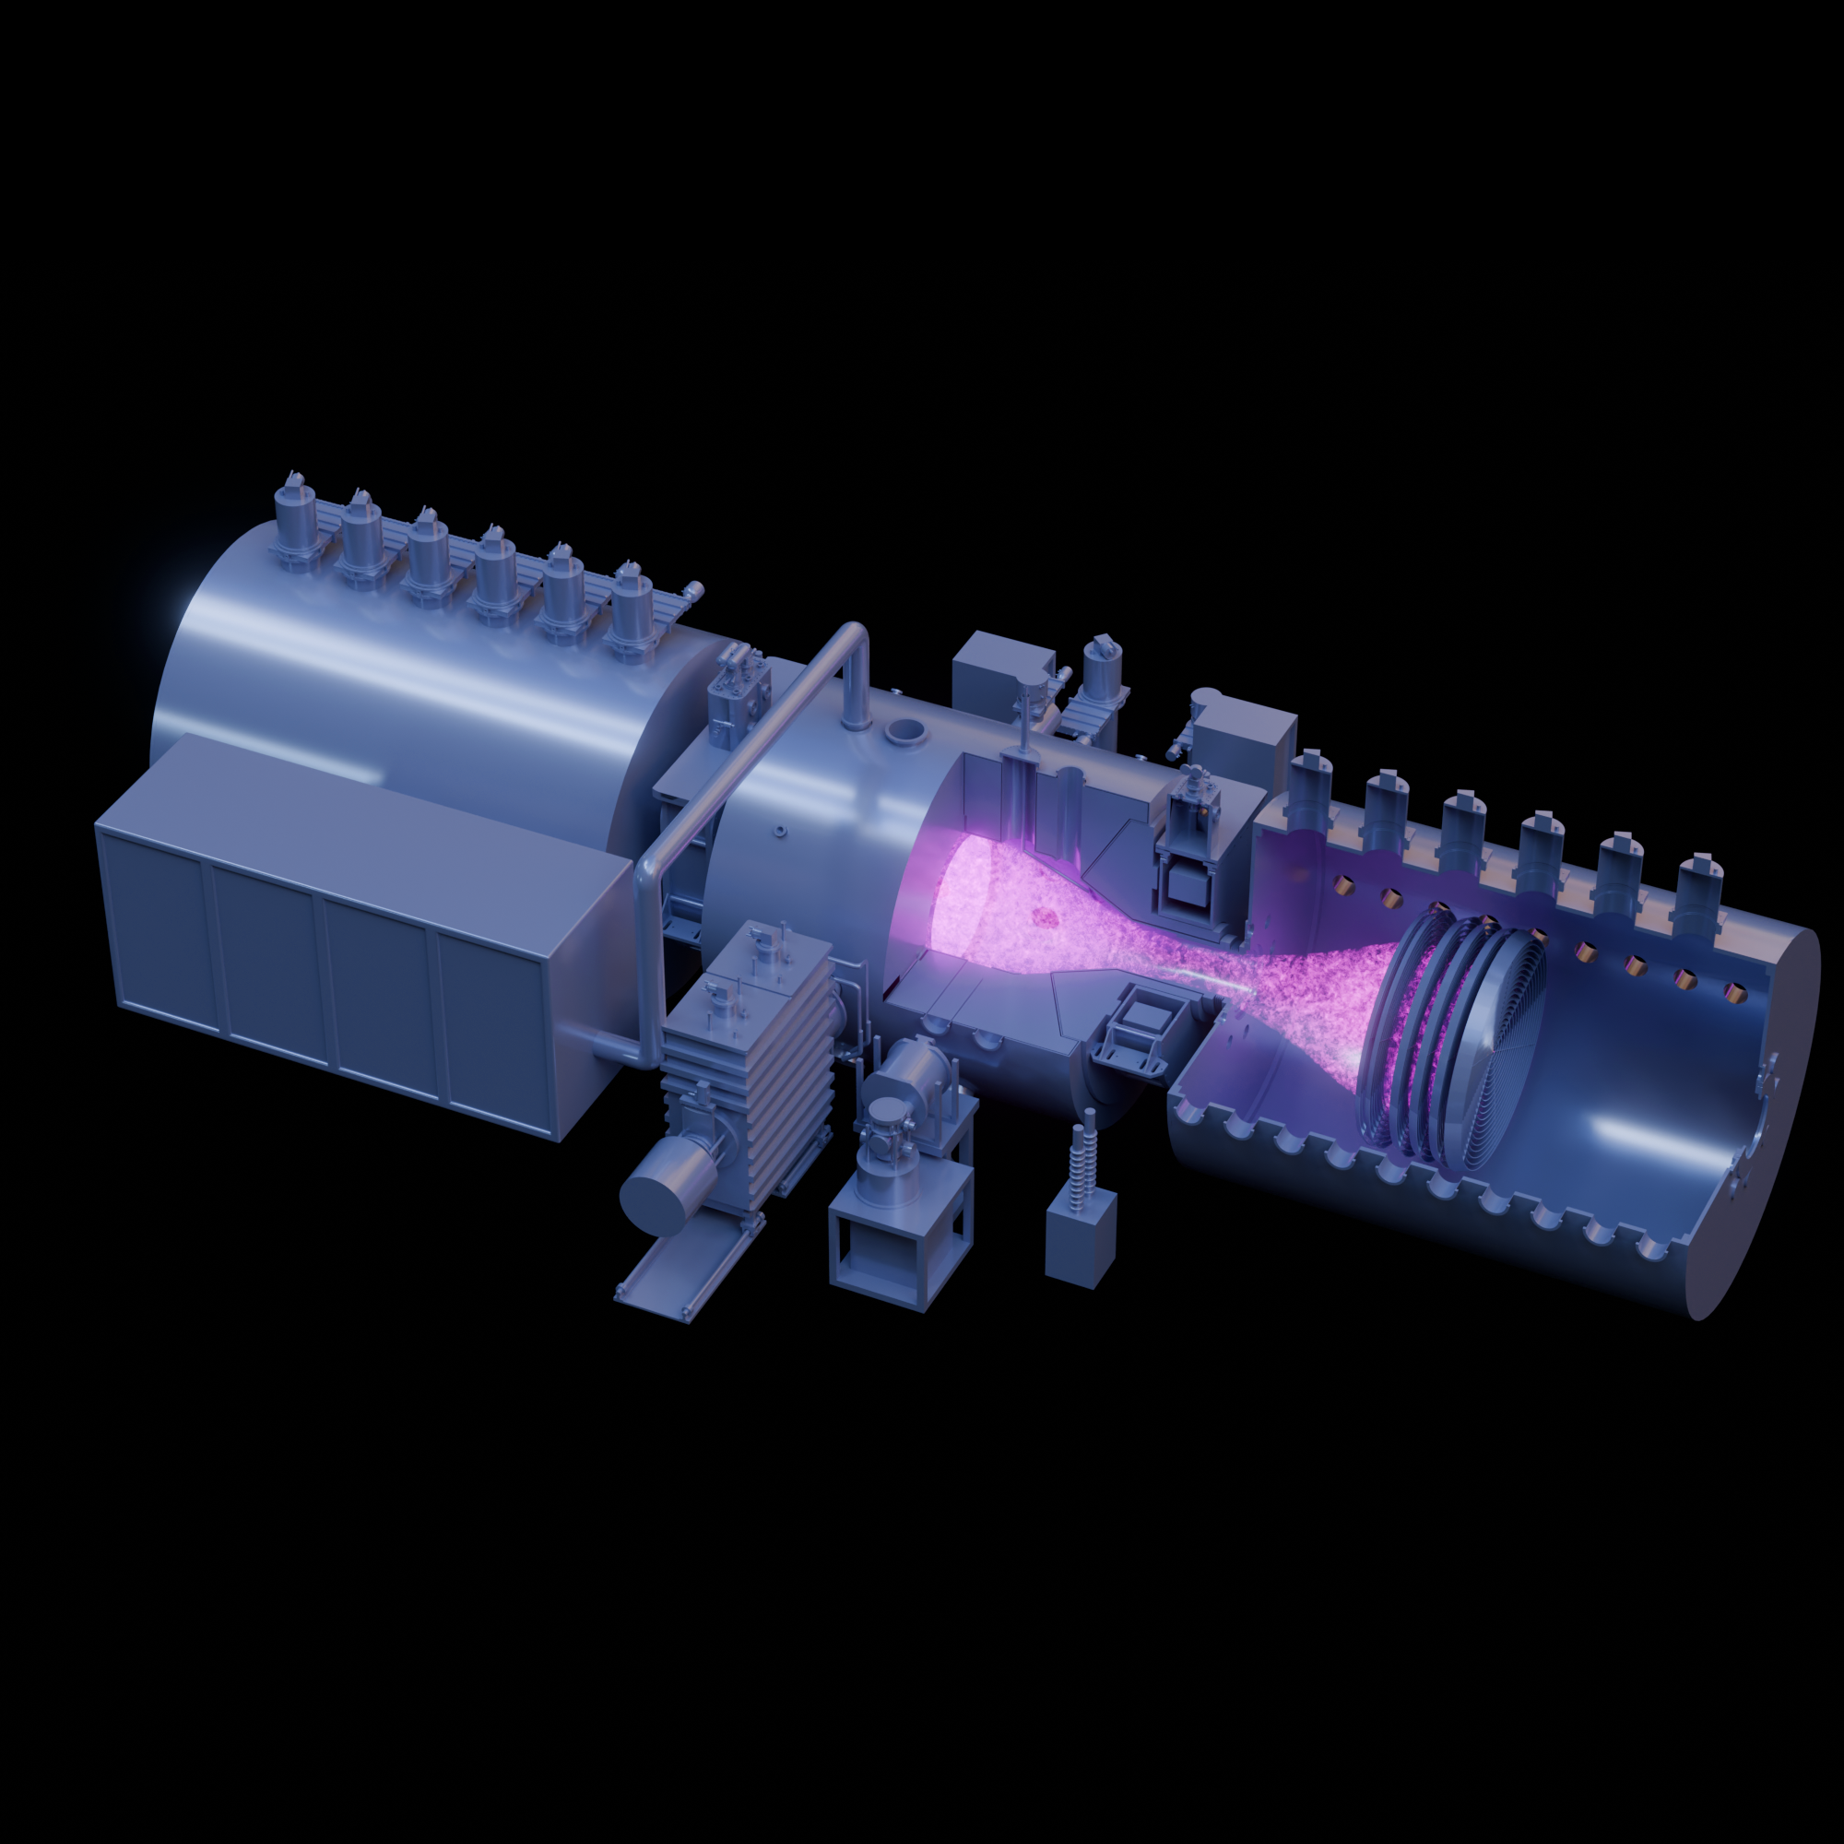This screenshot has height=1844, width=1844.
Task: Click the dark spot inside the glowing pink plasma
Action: point(1045,917)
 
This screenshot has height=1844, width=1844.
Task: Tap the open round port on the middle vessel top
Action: point(904,731)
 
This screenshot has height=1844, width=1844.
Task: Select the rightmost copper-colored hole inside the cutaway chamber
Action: point(1732,994)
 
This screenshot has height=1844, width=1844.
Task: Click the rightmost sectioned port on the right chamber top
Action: point(1700,888)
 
